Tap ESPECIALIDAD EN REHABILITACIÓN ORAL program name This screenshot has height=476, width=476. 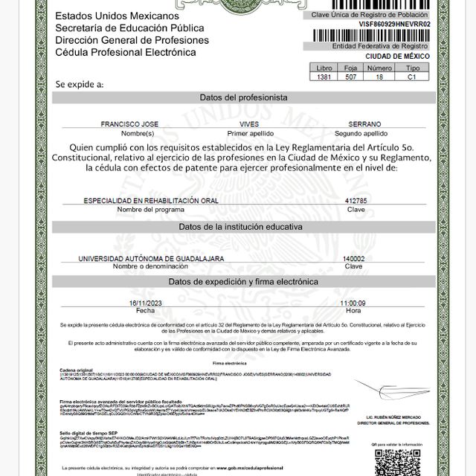coord(140,201)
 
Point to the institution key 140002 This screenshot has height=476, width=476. coord(353,258)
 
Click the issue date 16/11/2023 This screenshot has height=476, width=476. coord(144,303)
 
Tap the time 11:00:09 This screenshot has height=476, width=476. coord(353,303)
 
